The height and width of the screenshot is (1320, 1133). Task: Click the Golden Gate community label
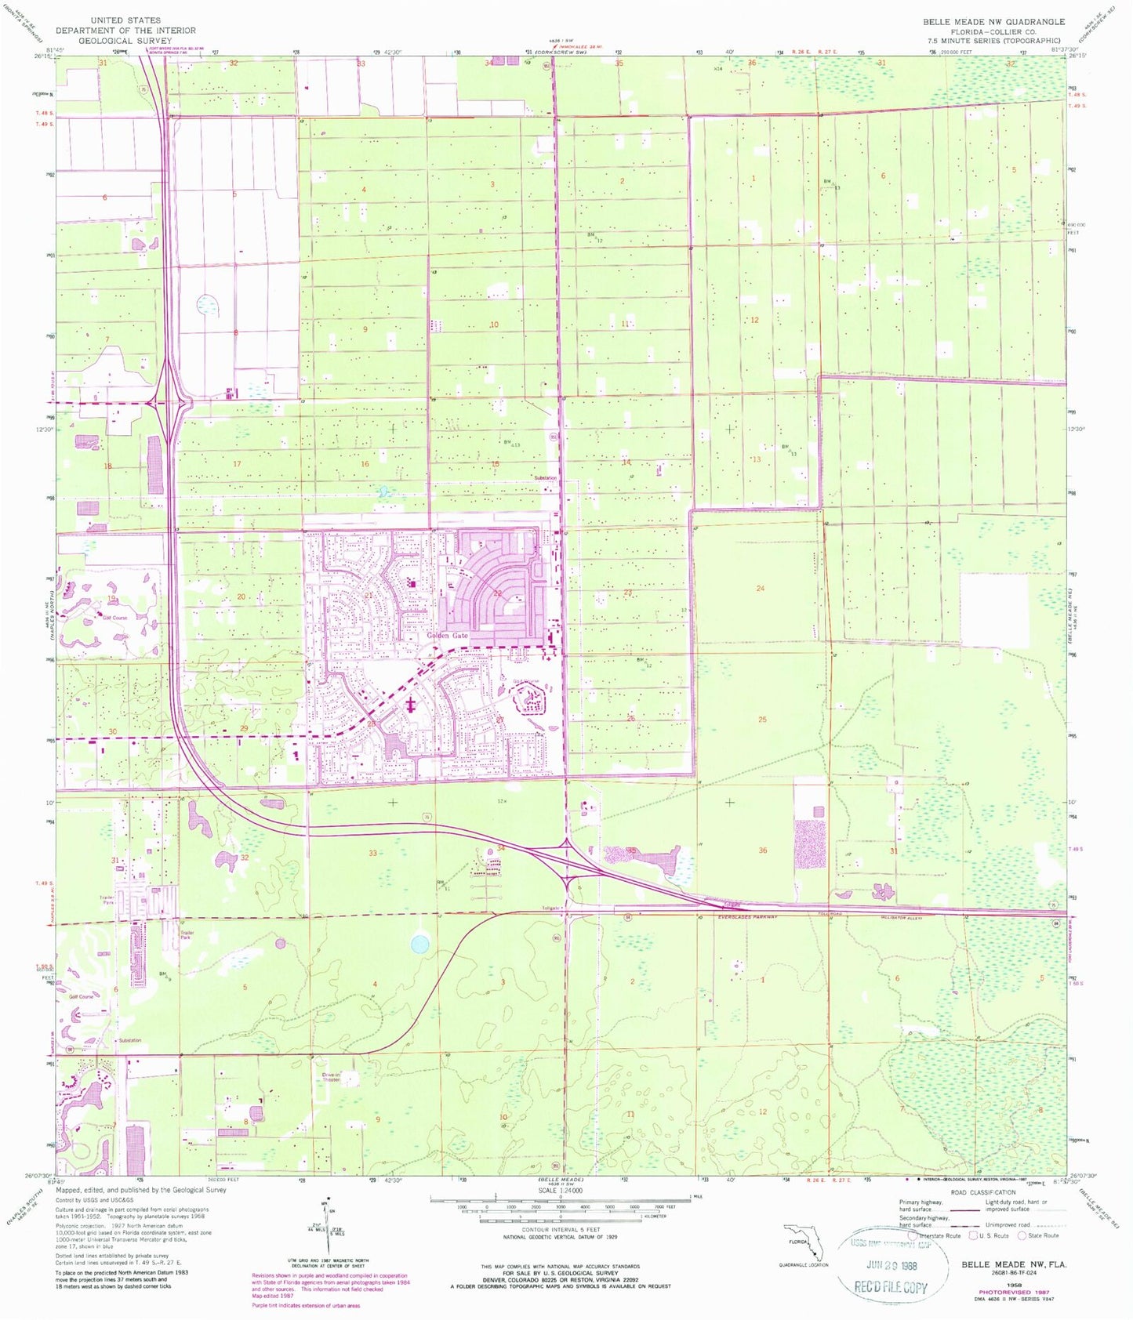point(447,636)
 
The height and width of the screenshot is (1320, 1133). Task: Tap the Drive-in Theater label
point(331,1078)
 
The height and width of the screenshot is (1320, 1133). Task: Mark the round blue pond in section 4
point(420,944)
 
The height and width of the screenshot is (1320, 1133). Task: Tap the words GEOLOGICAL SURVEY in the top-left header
point(125,41)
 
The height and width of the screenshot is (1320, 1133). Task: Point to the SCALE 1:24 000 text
point(557,1191)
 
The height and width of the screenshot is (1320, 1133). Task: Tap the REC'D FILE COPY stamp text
point(892,1287)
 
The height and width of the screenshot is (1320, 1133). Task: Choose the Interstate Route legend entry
point(938,1235)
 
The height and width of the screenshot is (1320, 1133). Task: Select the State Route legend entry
point(1041,1235)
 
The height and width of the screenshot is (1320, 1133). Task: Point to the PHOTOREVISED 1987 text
point(1017,1291)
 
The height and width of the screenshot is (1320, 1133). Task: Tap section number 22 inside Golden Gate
point(498,593)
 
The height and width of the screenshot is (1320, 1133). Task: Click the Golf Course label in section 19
point(114,618)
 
